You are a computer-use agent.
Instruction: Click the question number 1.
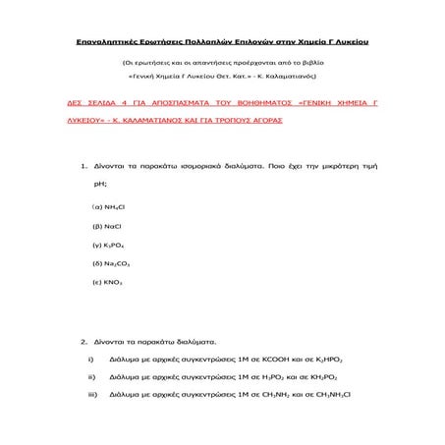click(x=84, y=167)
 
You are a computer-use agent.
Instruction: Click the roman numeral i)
click(x=90, y=360)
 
